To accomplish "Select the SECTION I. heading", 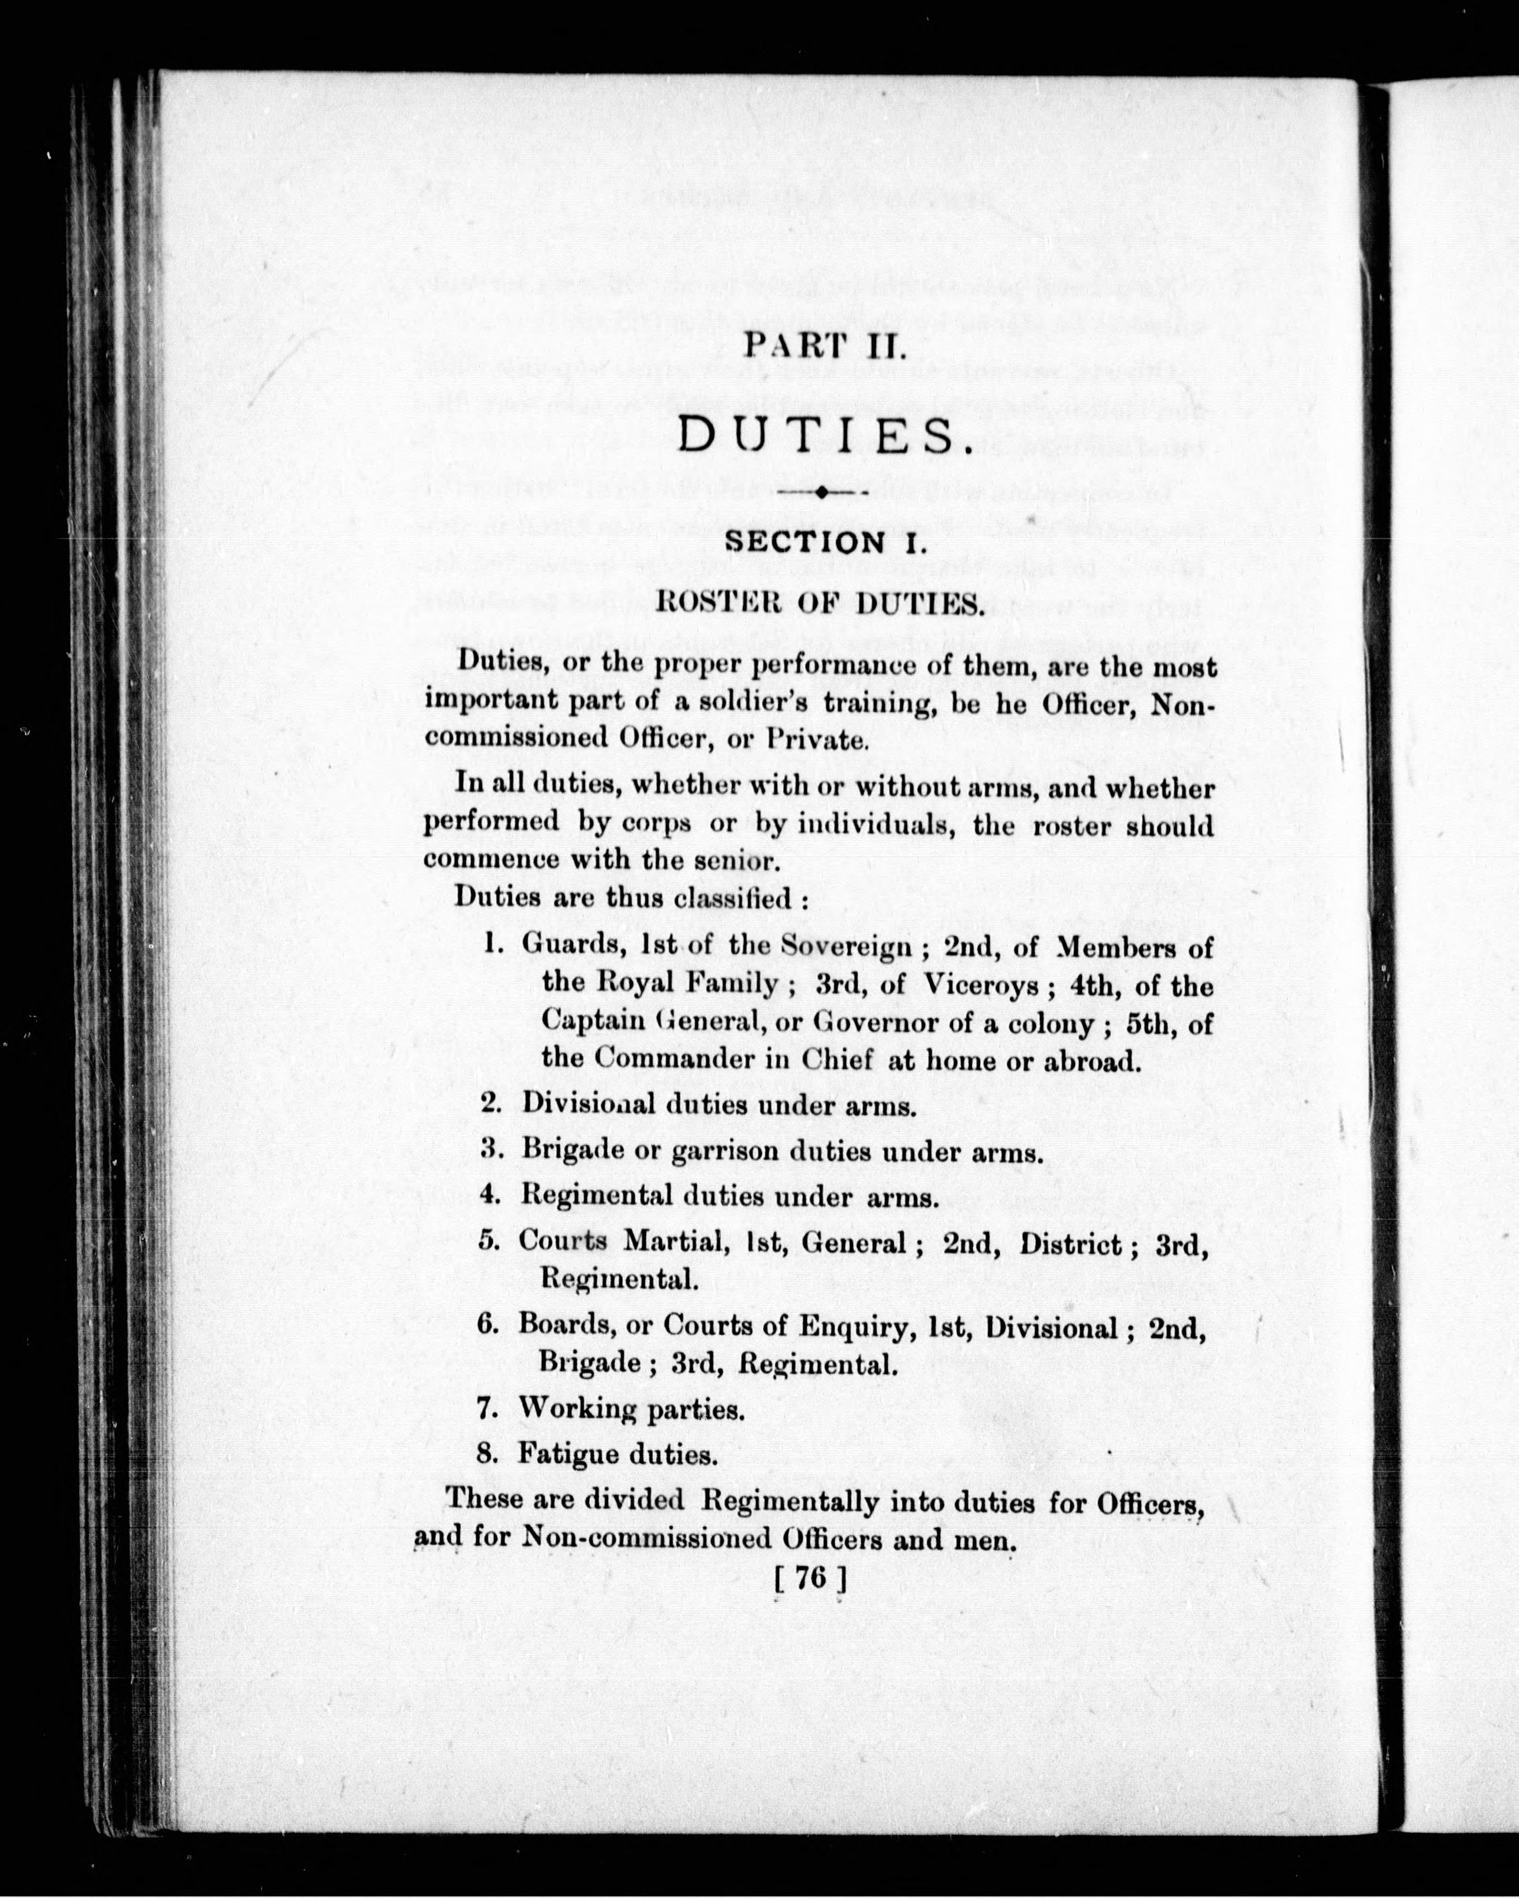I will pos(823,541).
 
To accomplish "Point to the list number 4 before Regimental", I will pos(489,1196).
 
